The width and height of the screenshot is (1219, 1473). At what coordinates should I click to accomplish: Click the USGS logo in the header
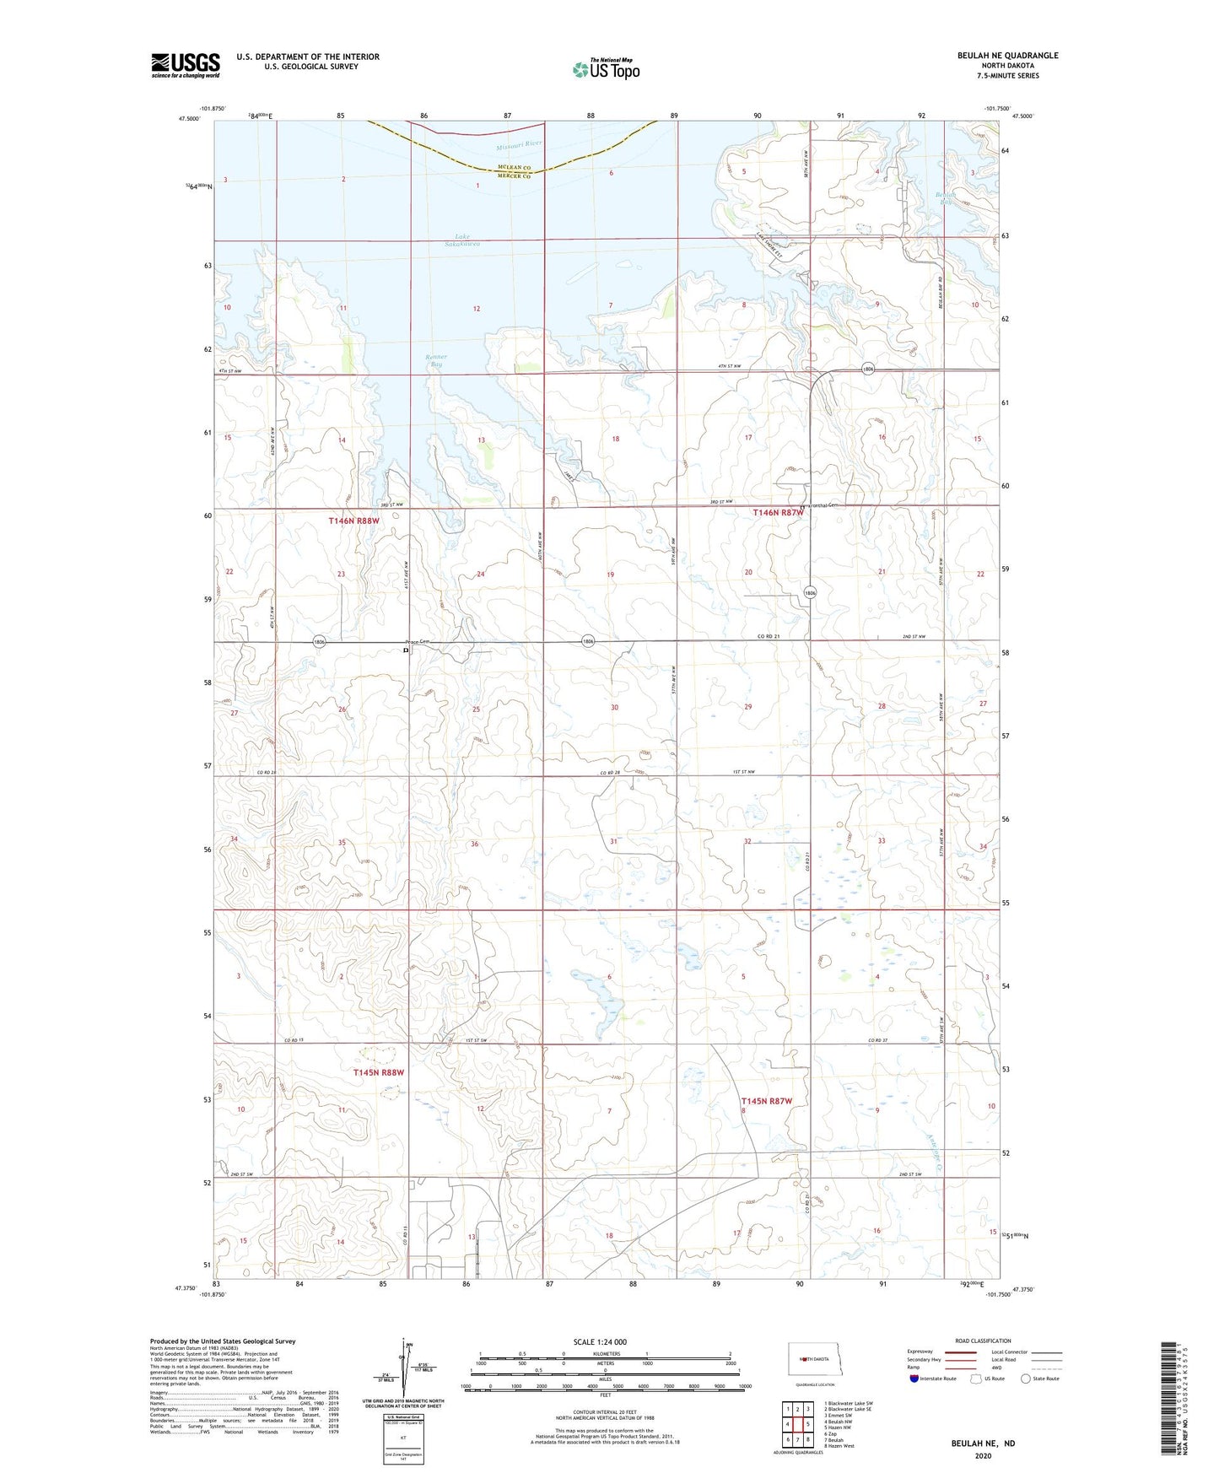pos(185,65)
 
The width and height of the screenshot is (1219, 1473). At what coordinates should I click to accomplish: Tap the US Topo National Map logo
pos(605,69)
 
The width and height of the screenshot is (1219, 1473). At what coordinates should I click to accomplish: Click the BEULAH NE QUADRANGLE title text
pos(1007,56)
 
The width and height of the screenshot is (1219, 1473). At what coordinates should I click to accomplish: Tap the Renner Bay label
pos(436,360)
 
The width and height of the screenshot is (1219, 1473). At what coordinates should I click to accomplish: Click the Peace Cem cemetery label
pos(418,642)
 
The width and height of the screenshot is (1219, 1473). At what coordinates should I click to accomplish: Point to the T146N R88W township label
pos(354,521)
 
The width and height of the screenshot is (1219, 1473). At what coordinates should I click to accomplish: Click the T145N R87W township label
pos(767,1101)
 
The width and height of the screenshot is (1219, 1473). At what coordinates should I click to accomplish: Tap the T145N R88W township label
pos(378,1072)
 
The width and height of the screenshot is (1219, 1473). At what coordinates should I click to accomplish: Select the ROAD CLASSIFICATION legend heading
pos(982,1341)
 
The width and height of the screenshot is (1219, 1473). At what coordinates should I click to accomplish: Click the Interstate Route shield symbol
pos(916,1379)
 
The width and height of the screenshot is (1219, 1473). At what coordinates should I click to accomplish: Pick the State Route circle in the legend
pos(1026,1379)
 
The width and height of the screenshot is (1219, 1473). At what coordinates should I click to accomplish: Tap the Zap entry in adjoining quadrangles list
pos(832,1433)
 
